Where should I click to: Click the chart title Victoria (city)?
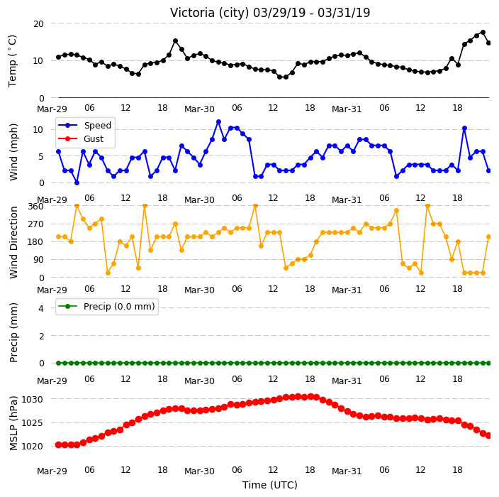click(210, 13)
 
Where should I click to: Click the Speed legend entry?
click(84, 125)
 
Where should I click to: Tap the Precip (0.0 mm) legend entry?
click(106, 306)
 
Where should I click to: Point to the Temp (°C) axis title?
click(12, 60)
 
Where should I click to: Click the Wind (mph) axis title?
click(13, 153)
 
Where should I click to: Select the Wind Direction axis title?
click(13, 242)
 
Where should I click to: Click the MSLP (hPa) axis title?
click(13, 422)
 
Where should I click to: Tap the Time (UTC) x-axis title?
click(270, 485)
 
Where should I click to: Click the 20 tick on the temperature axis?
click(38, 24)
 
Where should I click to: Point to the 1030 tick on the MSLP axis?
click(32, 400)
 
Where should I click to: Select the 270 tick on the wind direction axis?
click(35, 224)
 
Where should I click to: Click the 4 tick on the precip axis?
click(41, 308)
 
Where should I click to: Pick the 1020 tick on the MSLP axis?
click(32, 447)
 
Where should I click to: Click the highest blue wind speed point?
click(218, 122)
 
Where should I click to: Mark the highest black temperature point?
click(483, 32)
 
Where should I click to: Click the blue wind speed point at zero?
click(77, 182)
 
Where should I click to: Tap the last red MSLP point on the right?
click(489, 435)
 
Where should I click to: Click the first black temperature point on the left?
click(58, 57)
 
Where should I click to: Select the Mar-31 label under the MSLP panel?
click(347, 471)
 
